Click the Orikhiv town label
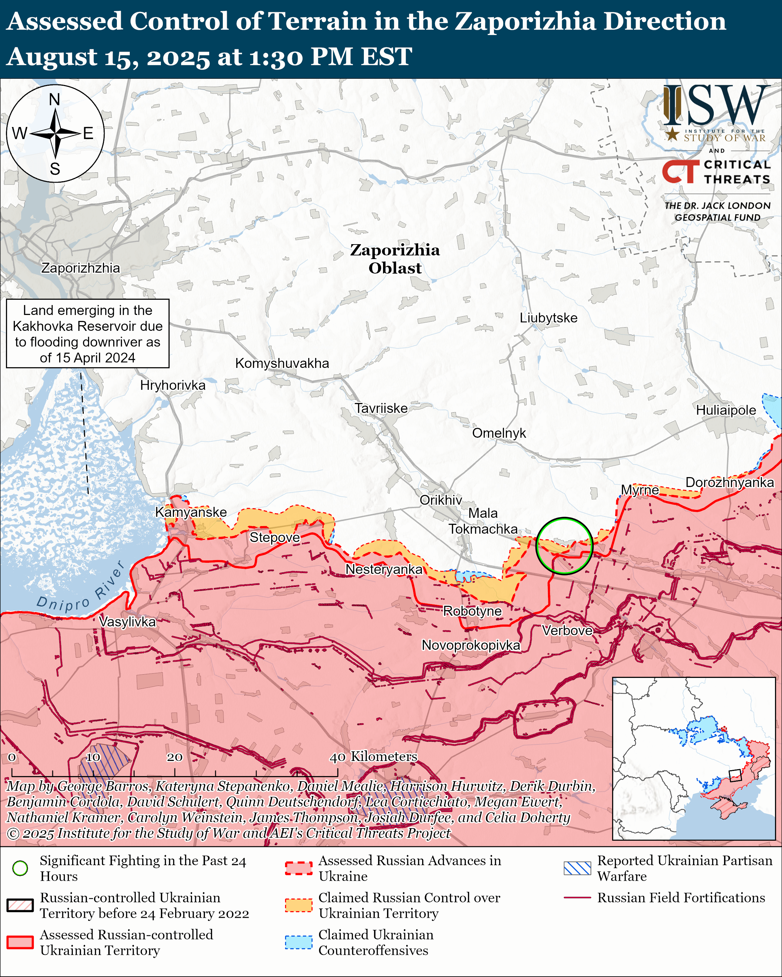coord(441,500)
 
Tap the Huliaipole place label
coord(726,410)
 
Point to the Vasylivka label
coord(127,621)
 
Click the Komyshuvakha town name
coord(282,363)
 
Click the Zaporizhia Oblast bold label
coord(395,259)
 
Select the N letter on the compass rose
coord(54,99)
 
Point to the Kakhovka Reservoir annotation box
coord(87,333)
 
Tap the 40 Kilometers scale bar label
coord(373,756)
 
